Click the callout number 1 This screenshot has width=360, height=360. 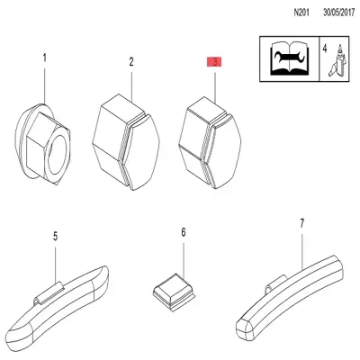pyautogui.click(x=45, y=58)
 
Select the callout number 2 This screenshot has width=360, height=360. pyautogui.click(x=131, y=62)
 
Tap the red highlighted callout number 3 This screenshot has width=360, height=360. pyautogui.click(x=214, y=62)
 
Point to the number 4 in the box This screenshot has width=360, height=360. pyautogui.click(x=325, y=49)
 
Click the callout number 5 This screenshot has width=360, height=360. pyautogui.click(x=55, y=236)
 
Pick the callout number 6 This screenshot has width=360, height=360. pyautogui.click(x=184, y=232)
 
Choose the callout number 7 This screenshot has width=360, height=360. pyautogui.click(x=301, y=223)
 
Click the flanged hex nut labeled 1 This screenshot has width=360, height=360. pyautogui.click(x=42, y=144)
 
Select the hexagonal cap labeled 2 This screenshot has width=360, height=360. pyautogui.click(x=126, y=142)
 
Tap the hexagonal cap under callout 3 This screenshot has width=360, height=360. pyautogui.click(x=210, y=142)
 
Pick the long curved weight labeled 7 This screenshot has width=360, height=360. pyautogui.click(x=290, y=298)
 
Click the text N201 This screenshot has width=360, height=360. pyautogui.click(x=301, y=13)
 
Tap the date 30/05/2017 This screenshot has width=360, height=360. pyautogui.click(x=339, y=13)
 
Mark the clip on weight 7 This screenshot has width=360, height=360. pyautogui.click(x=275, y=283)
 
